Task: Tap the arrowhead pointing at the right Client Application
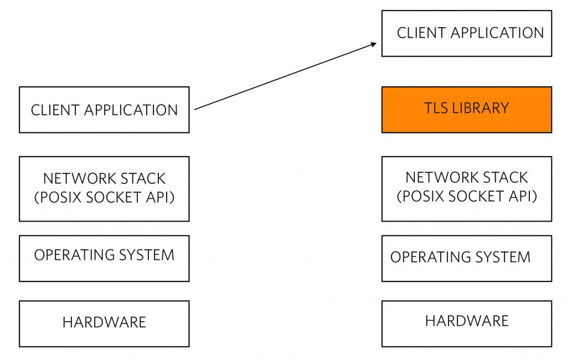pos(375,44)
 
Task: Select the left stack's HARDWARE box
pos(104,323)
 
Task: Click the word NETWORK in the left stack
pos(73,179)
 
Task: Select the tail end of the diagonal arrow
pos(196,109)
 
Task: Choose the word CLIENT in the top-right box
pos(419,33)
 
